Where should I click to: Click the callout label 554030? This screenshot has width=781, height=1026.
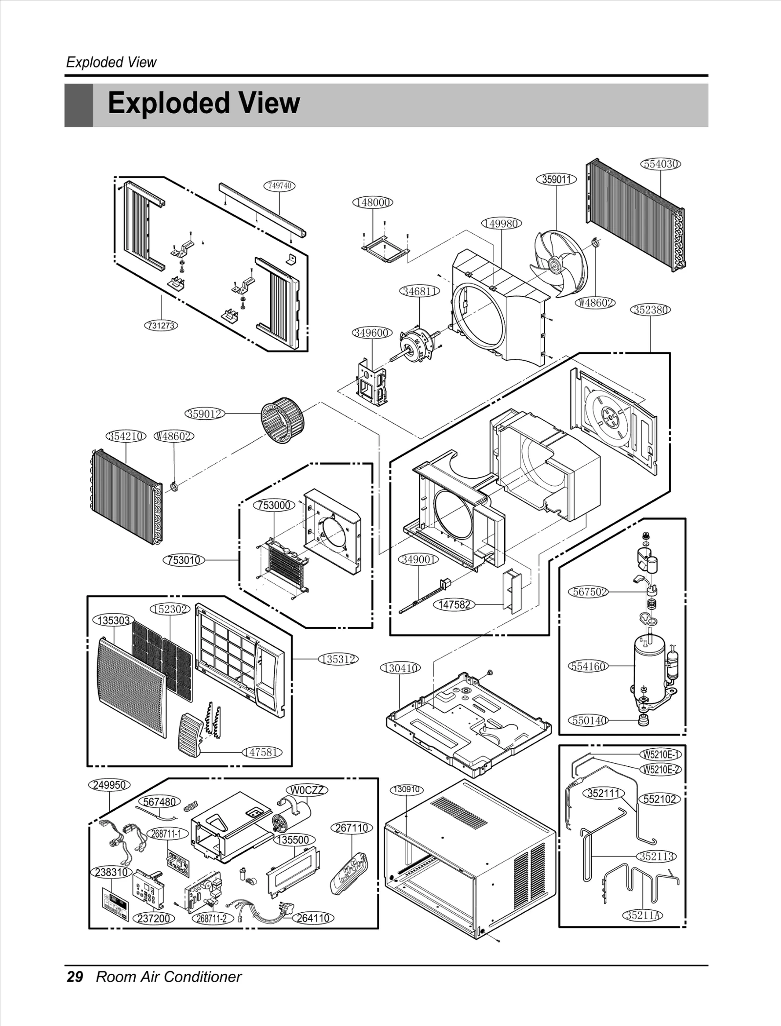[x=660, y=164]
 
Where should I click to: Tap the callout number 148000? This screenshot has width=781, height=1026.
[x=372, y=202]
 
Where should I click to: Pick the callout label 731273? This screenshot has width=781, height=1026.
[x=161, y=325]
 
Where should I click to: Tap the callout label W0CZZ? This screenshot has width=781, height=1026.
[x=307, y=790]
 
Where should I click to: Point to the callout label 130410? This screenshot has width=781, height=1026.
[x=400, y=668]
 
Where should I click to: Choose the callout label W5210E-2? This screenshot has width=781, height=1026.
[x=661, y=770]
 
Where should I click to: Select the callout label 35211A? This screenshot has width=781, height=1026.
[x=643, y=915]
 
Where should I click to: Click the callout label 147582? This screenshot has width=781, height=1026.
[x=454, y=605]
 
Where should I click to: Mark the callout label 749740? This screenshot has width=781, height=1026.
[x=280, y=185]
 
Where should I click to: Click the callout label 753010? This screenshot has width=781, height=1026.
[x=184, y=560]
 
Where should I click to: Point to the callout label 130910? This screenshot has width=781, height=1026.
[x=407, y=789]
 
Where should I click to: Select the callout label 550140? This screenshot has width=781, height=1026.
[x=588, y=720]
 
